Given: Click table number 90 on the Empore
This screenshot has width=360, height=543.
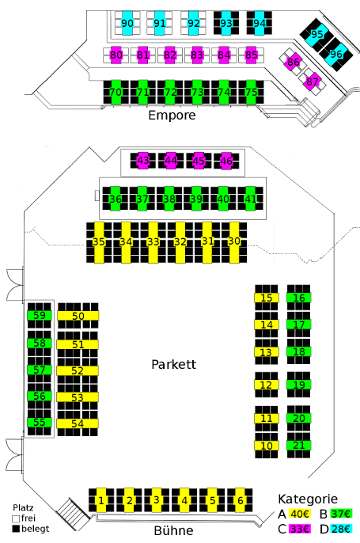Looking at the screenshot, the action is (127, 23).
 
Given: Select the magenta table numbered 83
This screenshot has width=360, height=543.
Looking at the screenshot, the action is (197, 55).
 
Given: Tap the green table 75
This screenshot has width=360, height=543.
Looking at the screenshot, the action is (251, 92).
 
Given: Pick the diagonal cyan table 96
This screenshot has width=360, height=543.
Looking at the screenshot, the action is (335, 54).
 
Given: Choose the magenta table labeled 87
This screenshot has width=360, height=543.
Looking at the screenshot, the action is (313, 82).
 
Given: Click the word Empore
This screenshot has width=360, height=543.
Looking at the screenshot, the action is (172, 116).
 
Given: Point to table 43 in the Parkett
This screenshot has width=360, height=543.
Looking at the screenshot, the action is (143, 161).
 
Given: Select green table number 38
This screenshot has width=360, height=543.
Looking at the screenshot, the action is (169, 199).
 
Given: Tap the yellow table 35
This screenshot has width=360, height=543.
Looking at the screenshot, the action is (99, 242).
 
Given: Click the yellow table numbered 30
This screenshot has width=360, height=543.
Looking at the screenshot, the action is (234, 242).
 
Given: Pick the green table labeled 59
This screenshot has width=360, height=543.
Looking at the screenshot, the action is (40, 316).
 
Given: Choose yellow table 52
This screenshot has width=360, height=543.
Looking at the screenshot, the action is (78, 371).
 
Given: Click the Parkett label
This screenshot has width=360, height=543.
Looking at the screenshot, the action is (174, 364).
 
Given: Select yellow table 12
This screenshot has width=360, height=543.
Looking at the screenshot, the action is (267, 385).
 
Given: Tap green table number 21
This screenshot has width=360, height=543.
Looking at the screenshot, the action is (299, 446).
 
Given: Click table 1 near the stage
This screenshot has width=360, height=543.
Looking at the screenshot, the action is (101, 500).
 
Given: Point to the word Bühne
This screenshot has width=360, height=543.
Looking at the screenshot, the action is (173, 530).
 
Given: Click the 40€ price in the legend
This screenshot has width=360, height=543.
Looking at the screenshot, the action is (300, 514).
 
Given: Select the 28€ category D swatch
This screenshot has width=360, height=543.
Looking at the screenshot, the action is (341, 529).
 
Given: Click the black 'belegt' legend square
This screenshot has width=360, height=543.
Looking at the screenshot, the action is (16, 529).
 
